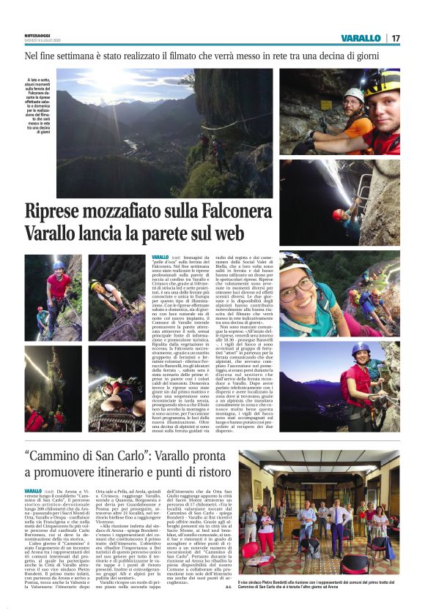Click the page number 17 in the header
[x=396, y=38]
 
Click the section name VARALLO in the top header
[x=361, y=38]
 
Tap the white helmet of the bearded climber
[x=355, y=94]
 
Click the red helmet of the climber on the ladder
[x=338, y=214]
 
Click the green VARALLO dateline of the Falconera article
[x=160, y=258]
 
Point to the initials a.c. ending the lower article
[x=228, y=606]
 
